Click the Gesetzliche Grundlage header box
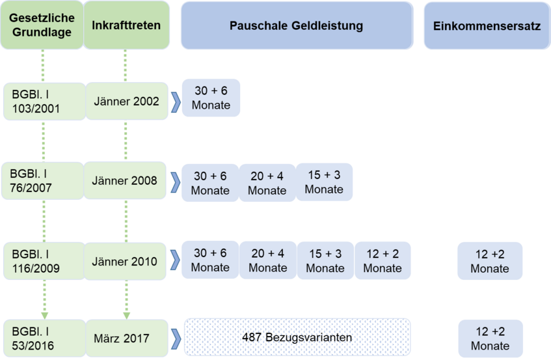42,25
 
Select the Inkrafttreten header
126,25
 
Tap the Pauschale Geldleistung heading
297,25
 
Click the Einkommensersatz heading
487,25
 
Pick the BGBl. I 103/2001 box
45,102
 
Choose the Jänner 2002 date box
127,102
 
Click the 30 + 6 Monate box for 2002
211,98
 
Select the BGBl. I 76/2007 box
42,181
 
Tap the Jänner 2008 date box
125,180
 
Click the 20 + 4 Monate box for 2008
267,183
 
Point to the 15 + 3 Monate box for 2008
324,182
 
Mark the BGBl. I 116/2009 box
44,261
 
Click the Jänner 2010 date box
125,261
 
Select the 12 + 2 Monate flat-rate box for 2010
383,260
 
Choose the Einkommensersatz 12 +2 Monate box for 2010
490,261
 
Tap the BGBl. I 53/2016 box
45,339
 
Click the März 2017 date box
127,339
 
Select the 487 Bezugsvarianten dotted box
297,337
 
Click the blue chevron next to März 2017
176,339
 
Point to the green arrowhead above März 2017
126,316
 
